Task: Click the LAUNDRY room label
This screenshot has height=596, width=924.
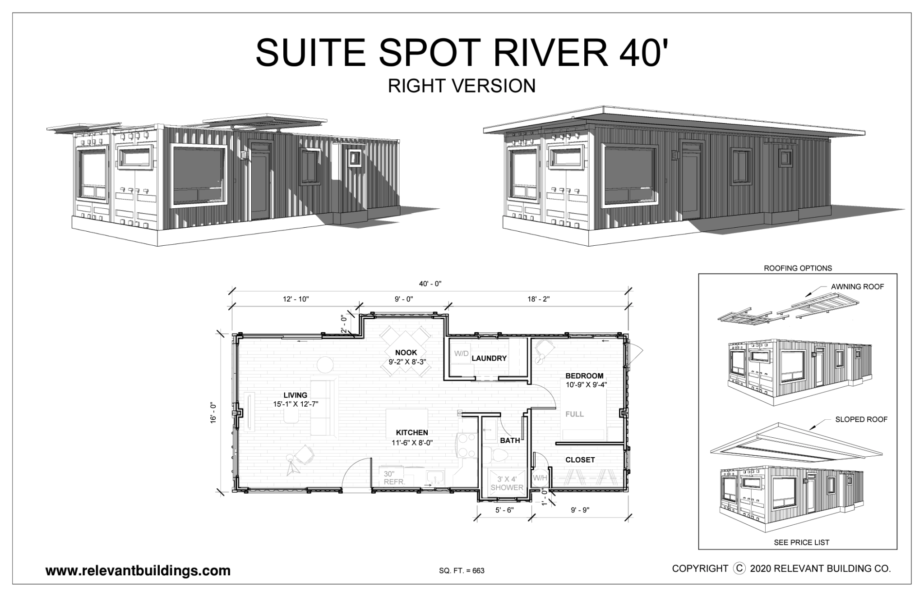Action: pos(489,358)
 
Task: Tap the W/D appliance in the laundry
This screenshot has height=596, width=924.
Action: pos(461,353)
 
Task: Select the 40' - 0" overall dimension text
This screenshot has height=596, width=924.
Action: pos(430,284)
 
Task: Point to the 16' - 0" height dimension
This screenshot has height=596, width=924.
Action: pos(213,413)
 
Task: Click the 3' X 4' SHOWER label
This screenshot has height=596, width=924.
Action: pos(507,483)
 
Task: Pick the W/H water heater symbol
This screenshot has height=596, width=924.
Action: pos(540,478)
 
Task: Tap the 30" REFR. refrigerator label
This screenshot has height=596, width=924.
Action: pos(394,478)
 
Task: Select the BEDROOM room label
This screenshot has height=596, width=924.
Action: pos(584,376)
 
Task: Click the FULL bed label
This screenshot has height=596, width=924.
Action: pos(575,414)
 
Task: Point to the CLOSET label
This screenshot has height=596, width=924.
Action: pos(580,460)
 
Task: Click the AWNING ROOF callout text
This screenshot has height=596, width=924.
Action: pos(857,287)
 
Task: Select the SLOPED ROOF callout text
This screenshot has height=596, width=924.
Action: pos(861,419)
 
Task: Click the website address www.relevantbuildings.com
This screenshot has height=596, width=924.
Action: pos(138,571)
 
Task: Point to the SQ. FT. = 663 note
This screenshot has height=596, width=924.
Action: pos(462,571)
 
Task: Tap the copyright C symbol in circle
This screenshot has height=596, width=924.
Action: pos(739,568)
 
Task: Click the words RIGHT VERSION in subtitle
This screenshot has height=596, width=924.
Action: pos(462,86)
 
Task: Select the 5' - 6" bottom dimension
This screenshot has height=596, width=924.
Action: pos(504,510)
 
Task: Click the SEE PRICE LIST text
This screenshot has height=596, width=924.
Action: pos(801,542)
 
